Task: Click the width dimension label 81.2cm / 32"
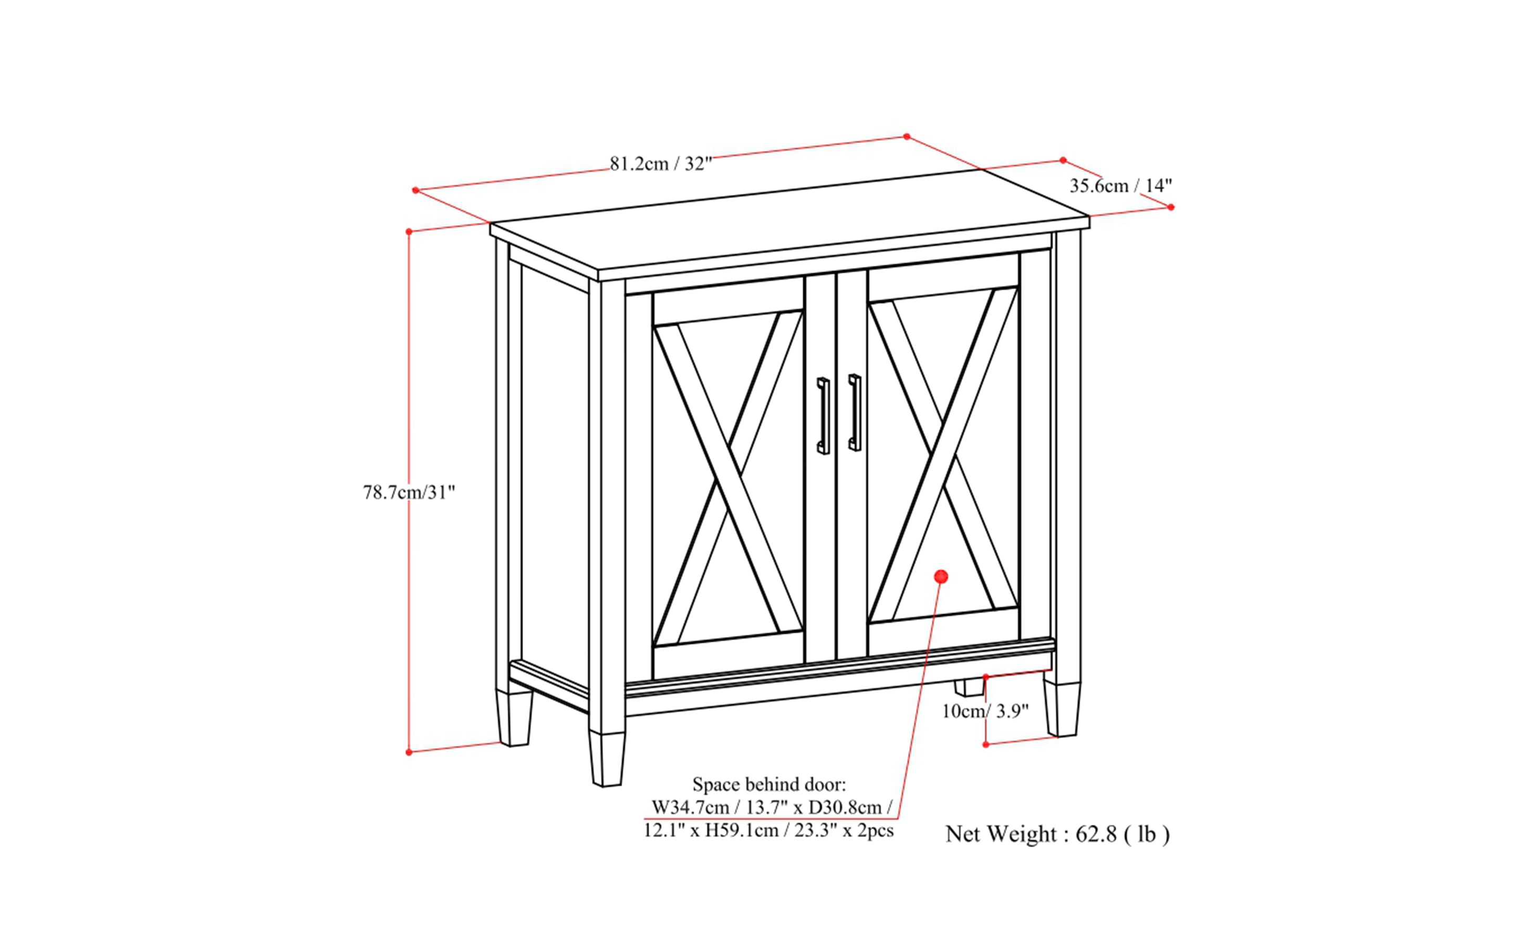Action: click(660, 163)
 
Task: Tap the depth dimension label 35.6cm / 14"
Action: click(1120, 185)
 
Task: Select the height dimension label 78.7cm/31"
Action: click(409, 492)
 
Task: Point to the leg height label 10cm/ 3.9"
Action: click(985, 711)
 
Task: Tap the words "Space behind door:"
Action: click(769, 784)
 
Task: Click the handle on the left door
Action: click(823, 416)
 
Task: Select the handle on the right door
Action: click(855, 412)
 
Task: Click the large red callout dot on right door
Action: click(941, 576)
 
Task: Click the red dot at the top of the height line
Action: click(409, 232)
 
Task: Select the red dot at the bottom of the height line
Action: click(409, 752)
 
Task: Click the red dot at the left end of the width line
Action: click(415, 190)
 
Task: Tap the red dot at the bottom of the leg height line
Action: click(985, 744)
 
